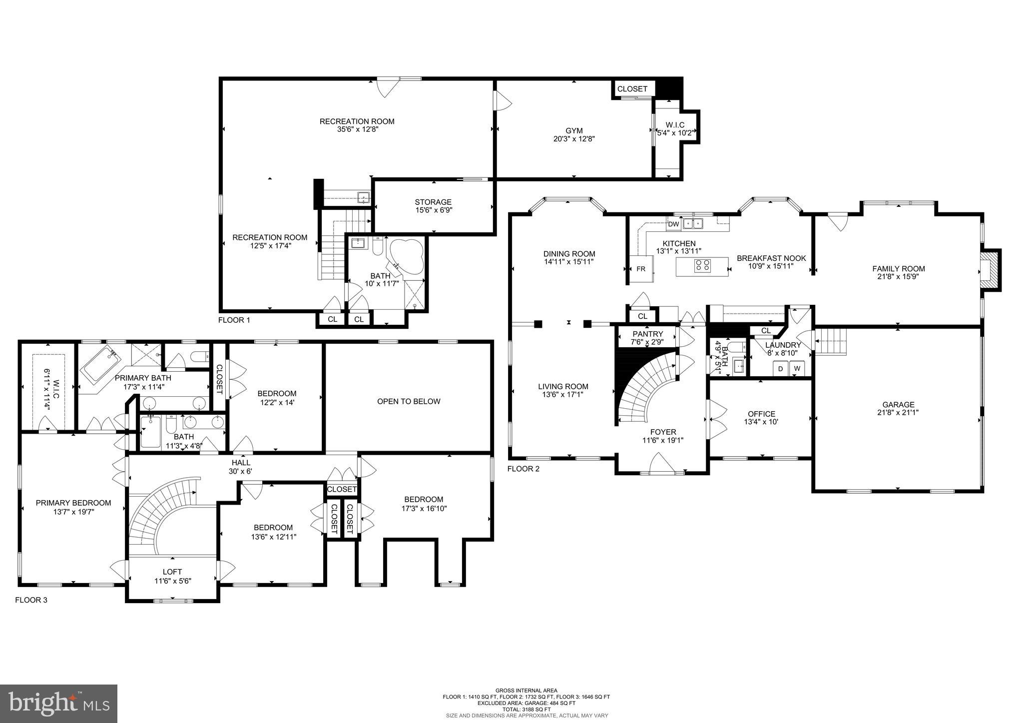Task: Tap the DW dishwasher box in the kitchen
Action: point(673,224)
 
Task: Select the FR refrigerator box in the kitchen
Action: point(640,269)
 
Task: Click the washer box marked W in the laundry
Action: point(797,369)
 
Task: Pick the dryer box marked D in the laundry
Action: point(780,369)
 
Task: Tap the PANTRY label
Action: point(647,334)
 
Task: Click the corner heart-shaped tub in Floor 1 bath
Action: point(407,256)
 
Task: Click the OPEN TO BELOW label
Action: point(408,401)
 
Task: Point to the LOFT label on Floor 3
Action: point(172,572)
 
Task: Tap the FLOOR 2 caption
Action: point(523,469)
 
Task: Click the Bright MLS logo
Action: point(58,704)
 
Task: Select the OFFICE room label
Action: point(761,414)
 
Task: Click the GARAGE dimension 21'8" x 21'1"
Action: point(898,413)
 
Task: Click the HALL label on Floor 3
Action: point(240,463)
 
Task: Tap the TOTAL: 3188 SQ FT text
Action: point(526,710)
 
